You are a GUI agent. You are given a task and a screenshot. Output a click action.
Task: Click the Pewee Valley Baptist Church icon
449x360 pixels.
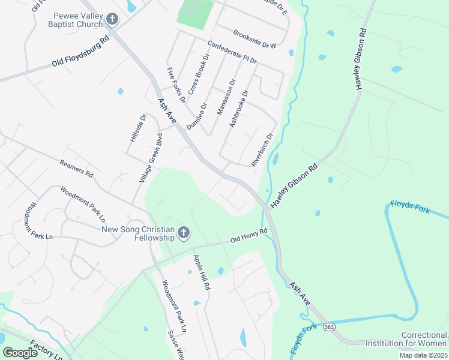point(111,20)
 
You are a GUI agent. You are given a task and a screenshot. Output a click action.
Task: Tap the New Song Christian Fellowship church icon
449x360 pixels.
point(184,233)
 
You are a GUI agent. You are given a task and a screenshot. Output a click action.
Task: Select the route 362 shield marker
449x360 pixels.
point(328,327)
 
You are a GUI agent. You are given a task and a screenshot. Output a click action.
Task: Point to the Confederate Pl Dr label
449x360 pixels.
point(232,53)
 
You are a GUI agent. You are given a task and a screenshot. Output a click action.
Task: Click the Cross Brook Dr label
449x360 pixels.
point(198,74)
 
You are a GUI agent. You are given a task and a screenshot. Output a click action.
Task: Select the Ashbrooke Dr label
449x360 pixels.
point(238,109)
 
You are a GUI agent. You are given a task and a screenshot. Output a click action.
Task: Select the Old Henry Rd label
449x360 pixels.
point(249,236)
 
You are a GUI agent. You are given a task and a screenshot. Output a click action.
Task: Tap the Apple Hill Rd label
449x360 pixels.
point(201,273)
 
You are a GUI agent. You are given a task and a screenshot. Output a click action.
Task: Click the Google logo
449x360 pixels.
point(20,353)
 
